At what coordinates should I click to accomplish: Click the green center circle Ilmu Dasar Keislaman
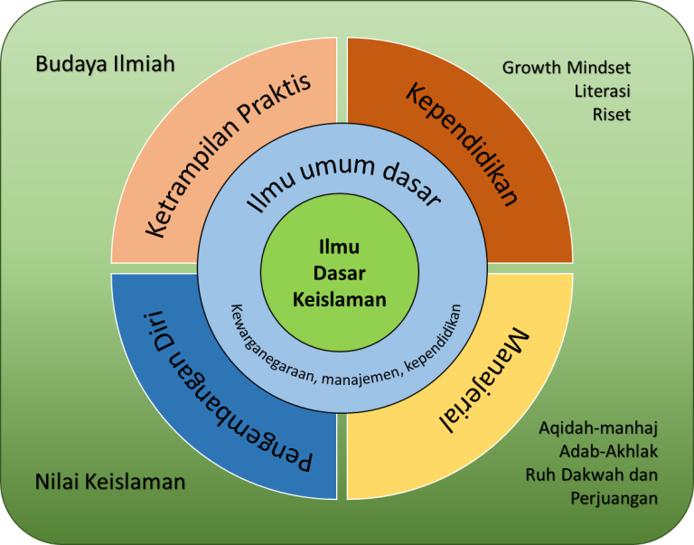tap(340, 273)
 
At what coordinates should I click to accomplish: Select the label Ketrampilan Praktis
tap(228, 155)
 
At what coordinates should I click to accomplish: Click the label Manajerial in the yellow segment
tap(483, 380)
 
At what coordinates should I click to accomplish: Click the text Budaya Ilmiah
tap(105, 64)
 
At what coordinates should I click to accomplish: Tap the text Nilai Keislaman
tap(110, 482)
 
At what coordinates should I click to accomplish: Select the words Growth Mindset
tap(566, 68)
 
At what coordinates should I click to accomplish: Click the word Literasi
tap(603, 91)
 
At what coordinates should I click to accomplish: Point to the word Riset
tap(612, 115)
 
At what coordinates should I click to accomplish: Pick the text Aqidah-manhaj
tap(598, 428)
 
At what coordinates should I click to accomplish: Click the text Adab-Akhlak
tap(608, 452)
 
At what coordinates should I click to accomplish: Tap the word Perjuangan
tap(614, 499)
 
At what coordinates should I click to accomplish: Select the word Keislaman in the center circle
tap(340, 300)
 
